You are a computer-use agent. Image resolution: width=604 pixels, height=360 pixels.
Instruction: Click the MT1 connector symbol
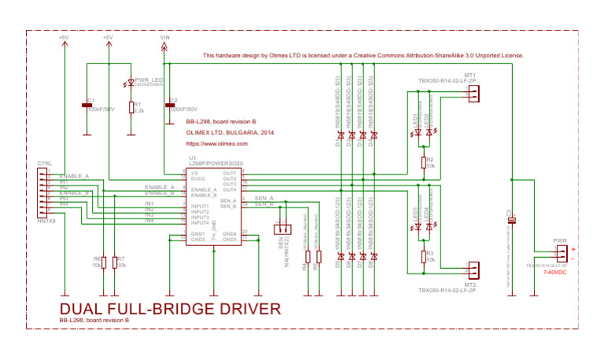click(472, 94)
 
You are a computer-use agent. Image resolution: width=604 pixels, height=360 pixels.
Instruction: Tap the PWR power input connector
click(561, 254)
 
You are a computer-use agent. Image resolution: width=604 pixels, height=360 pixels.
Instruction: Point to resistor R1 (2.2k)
click(131, 107)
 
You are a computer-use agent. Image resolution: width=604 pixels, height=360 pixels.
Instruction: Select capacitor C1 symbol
click(87, 105)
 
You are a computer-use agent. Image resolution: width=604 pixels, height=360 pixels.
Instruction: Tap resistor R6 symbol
click(102, 262)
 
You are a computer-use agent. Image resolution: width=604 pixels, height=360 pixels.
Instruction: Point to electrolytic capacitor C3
click(512, 220)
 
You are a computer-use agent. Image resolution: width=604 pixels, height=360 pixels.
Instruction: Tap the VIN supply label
click(164, 38)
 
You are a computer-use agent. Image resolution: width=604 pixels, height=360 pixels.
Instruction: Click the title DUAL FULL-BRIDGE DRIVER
click(170, 308)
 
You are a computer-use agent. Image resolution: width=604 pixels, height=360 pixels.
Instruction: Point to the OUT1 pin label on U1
click(229, 173)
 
